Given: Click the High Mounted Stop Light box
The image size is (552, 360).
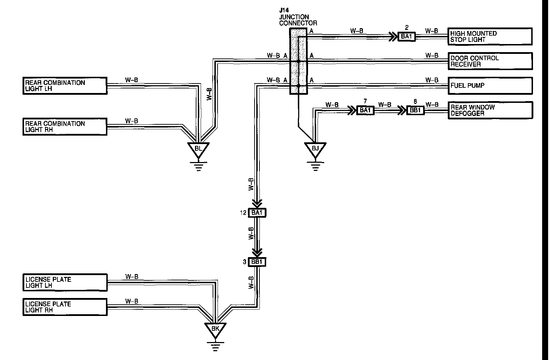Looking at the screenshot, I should click(490, 37).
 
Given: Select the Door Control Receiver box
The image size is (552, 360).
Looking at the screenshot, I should click(490, 61).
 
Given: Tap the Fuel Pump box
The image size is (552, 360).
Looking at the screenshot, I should click(490, 86).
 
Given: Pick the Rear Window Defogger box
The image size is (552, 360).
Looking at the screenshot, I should click(490, 110).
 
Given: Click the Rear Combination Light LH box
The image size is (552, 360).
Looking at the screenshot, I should click(65, 86).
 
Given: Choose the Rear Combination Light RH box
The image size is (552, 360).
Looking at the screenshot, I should click(65, 127).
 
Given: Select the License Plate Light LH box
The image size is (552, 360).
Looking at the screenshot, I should click(65, 283).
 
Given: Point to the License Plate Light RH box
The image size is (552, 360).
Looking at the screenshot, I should click(65, 307).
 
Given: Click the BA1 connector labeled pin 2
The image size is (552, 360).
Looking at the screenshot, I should click(407, 36).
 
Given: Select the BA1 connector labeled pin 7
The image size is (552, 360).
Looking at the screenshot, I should click(365, 110).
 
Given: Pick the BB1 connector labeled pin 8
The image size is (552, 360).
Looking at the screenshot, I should click(415, 110).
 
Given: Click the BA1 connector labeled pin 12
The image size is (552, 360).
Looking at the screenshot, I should click(257, 213).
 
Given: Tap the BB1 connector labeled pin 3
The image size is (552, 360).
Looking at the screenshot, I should click(257, 262).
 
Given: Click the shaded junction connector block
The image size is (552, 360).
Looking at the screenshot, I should click(299, 61).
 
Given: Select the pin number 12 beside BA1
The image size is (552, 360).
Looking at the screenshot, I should click(243, 213).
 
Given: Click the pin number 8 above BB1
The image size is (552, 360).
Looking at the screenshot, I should click(415, 101).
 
